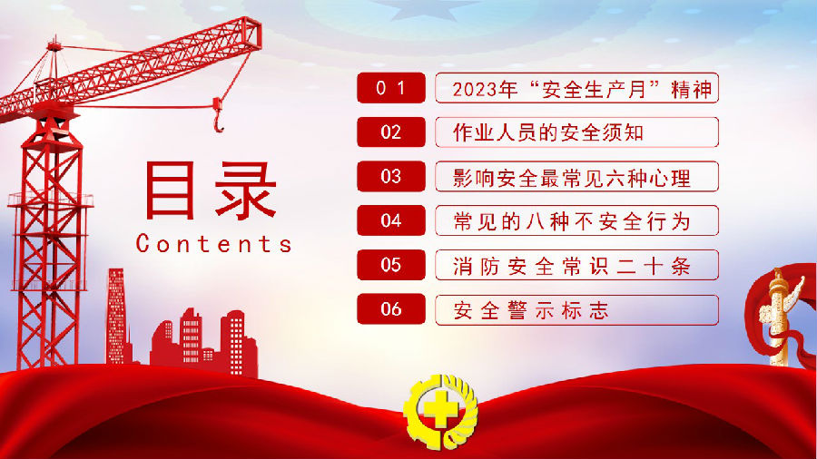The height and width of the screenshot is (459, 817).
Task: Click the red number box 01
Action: (x=390, y=88)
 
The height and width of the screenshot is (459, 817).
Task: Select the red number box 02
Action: (x=390, y=132)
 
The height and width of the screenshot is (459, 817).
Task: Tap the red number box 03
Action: (x=390, y=176)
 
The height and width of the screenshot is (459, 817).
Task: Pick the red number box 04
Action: (x=390, y=220)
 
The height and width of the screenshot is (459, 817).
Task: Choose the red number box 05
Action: (x=390, y=265)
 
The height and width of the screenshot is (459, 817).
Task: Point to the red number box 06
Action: (x=390, y=309)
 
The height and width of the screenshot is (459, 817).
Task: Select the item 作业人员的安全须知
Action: (x=548, y=132)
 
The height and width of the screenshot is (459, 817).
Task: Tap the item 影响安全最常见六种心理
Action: (x=572, y=178)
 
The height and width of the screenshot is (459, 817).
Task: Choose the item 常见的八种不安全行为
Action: (x=572, y=222)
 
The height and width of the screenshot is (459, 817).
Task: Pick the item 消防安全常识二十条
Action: (x=572, y=267)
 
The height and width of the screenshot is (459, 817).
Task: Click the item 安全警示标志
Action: (x=531, y=310)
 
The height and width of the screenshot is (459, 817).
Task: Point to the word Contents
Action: (x=213, y=243)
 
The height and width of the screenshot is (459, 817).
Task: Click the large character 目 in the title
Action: (x=171, y=190)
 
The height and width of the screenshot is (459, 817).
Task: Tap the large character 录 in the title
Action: (x=245, y=190)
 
